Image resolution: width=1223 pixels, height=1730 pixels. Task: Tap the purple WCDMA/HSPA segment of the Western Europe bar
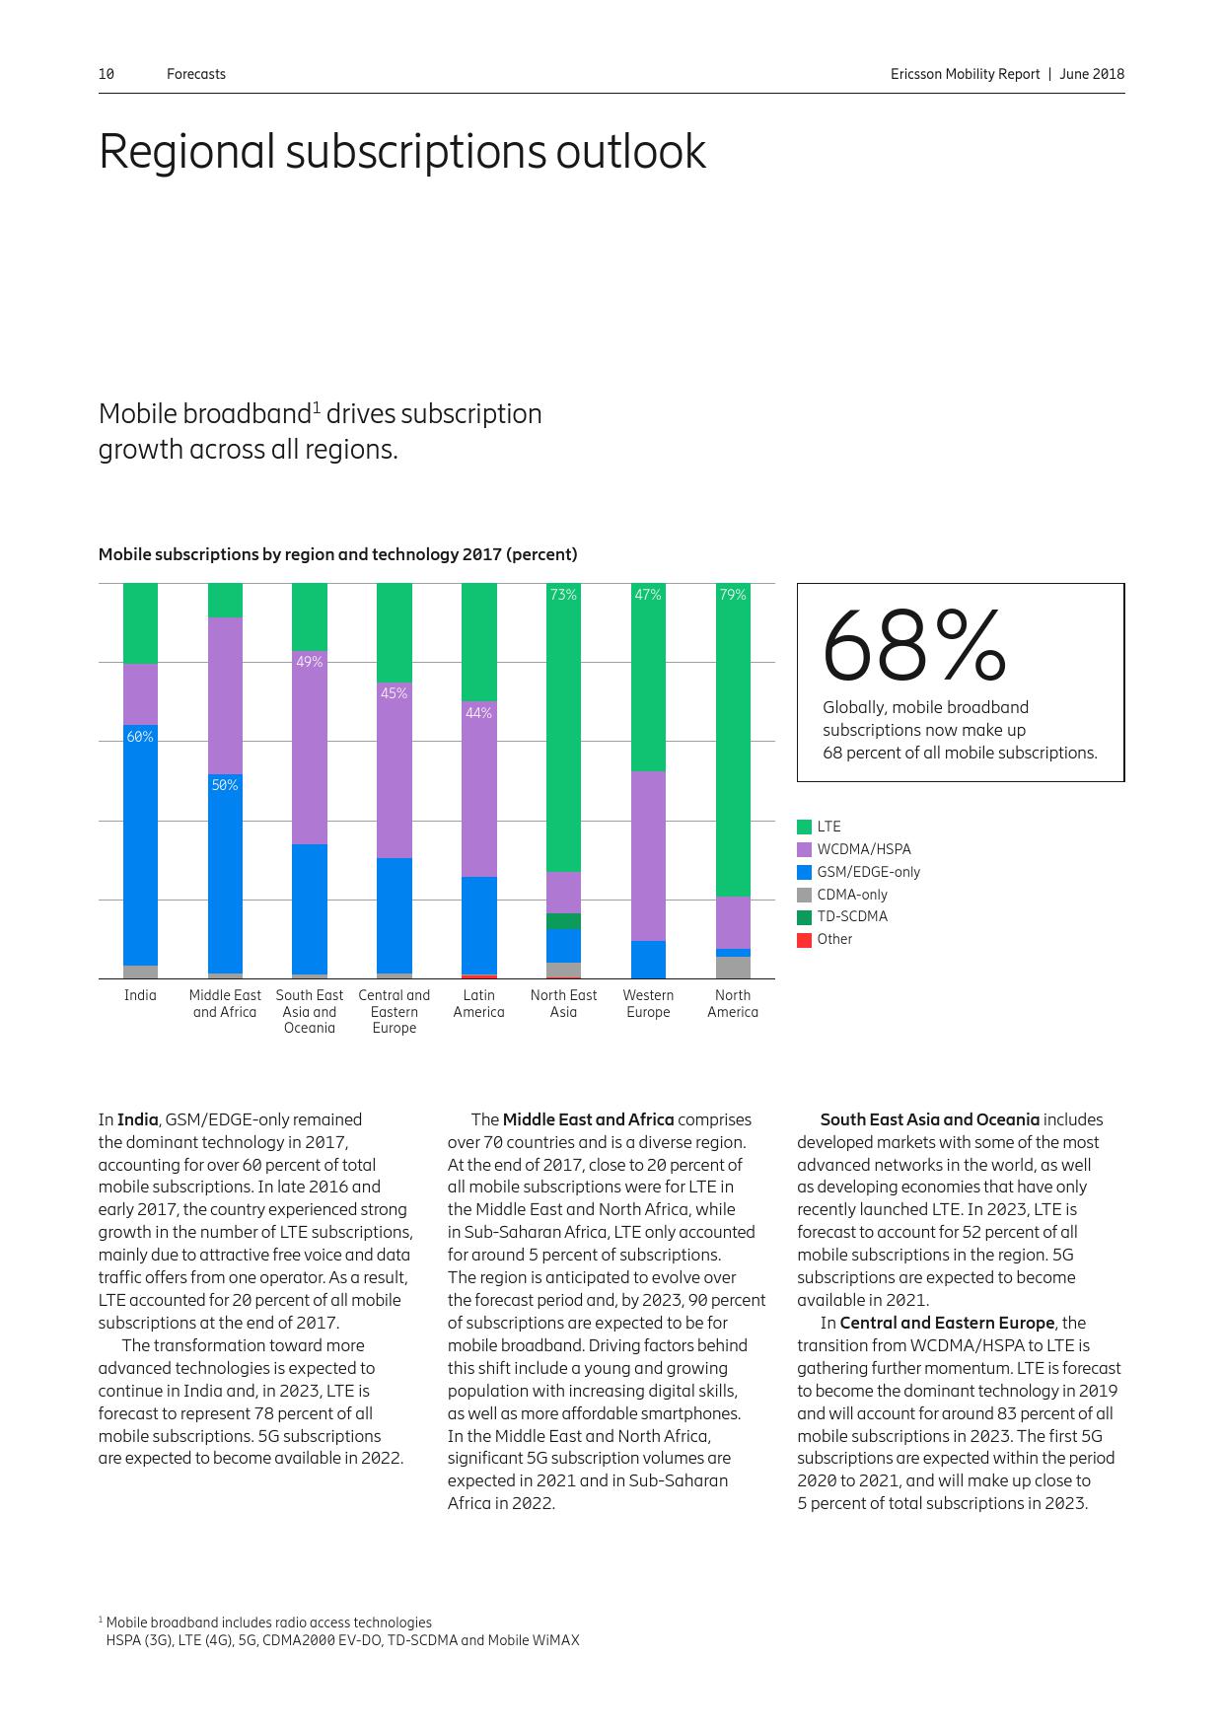click(x=648, y=855)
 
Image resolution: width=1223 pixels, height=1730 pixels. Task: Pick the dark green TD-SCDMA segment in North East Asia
click(x=563, y=921)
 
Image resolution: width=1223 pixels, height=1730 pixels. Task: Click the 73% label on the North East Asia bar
click(x=563, y=595)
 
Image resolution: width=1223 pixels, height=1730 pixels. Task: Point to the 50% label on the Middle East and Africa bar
click(x=225, y=785)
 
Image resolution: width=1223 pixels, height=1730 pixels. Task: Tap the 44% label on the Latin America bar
click(x=478, y=712)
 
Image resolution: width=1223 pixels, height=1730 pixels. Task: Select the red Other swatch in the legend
click(x=804, y=939)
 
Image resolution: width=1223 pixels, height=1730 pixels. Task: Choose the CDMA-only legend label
click(x=851, y=895)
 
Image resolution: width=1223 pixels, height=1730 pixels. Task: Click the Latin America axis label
click(x=478, y=1003)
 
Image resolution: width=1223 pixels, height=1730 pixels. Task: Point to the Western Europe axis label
click(x=648, y=1003)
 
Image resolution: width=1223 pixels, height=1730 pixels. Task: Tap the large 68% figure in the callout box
click(x=913, y=646)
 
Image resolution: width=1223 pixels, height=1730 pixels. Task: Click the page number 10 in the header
click(x=107, y=74)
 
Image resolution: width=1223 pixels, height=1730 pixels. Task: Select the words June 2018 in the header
click(x=1092, y=74)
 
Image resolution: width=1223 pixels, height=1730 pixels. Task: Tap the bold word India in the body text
click(x=137, y=1119)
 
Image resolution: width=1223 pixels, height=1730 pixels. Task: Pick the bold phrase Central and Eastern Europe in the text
click(x=947, y=1323)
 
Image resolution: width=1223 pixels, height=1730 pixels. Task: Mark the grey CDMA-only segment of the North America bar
click(x=733, y=968)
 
